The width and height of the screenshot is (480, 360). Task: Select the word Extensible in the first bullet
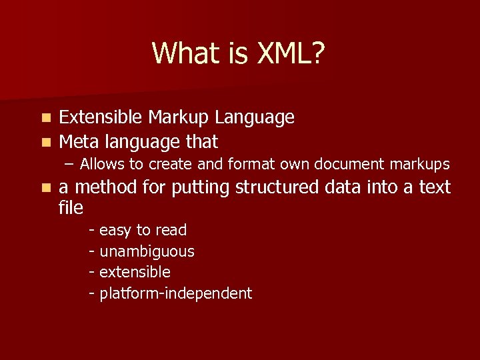pos(101,118)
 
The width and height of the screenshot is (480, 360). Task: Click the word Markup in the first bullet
pos(179,118)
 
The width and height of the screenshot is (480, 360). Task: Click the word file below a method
pos(71,208)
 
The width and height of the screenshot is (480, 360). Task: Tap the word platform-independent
pos(175,293)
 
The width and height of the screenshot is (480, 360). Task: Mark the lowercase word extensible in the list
pos(135,272)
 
